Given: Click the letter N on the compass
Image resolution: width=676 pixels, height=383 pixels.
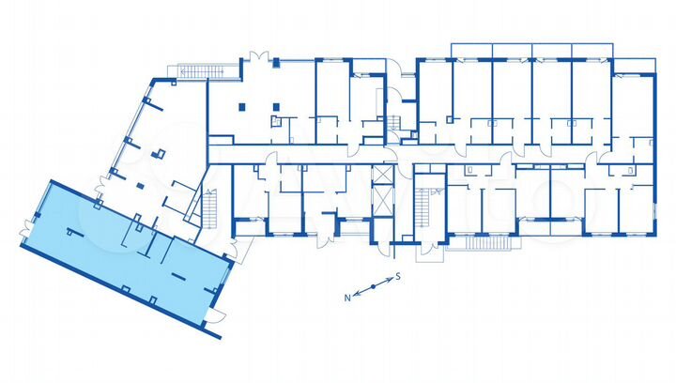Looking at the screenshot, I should click(346, 297).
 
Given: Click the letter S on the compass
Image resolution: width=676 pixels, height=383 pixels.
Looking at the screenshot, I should click(398, 276).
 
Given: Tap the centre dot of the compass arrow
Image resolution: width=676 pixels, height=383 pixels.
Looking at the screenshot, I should click(373, 286).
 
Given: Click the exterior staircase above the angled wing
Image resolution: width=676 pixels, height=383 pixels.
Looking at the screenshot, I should click(196, 70).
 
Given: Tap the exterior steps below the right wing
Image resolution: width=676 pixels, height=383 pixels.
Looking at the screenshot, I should click(481, 243).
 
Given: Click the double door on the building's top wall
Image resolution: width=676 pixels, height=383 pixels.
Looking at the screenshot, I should click(263, 55).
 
